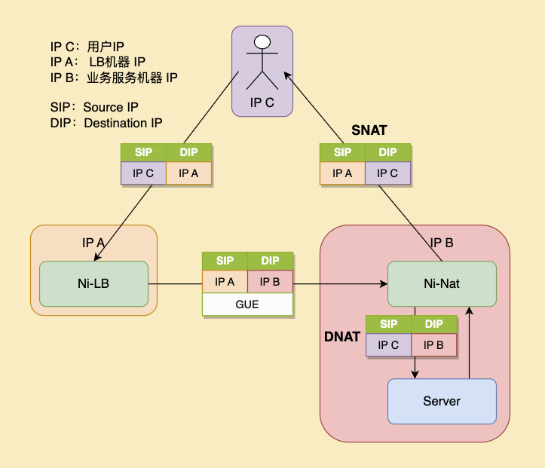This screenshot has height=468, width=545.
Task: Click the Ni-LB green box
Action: (x=93, y=284)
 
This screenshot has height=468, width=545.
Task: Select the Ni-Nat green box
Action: (x=442, y=284)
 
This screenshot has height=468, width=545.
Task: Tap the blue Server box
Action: (x=442, y=401)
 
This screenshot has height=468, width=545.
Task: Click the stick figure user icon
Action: (x=262, y=62)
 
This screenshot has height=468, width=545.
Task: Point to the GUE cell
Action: (x=247, y=304)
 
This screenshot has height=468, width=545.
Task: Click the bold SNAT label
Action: (x=369, y=130)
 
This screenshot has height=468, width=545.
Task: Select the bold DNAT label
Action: (x=342, y=337)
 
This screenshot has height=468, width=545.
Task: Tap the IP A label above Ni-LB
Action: (x=93, y=243)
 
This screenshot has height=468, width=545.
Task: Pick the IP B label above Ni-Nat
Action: (x=442, y=243)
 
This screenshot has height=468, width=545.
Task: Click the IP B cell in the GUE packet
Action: (x=270, y=282)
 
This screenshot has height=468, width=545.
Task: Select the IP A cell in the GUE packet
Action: (x=225, y=282)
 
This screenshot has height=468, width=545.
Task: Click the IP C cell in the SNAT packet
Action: (x=388, y=173)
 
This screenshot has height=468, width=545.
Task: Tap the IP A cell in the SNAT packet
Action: (x=343, y=173)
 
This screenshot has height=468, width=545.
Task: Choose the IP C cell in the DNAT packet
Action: (x=388, y=345)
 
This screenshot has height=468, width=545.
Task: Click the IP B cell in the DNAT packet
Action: (x=433, y=345)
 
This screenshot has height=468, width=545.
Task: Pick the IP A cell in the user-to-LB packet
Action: (x=189, y=173)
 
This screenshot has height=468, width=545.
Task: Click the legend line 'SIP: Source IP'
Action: (x=94, y=107)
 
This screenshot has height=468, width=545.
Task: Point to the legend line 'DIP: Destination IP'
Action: (x=106, y=123)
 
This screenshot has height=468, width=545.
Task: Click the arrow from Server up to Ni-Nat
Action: (x=469, y=343)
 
